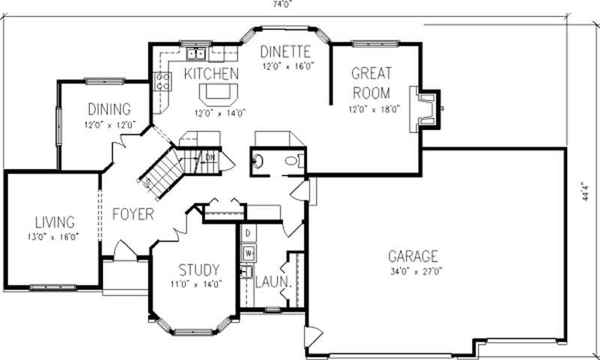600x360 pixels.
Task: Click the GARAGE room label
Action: (x=412, y=256)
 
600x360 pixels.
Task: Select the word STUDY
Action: (x=199, y=269)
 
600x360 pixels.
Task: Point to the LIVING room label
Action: (x=55, y=223)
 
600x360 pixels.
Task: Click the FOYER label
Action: (x=133, y=214)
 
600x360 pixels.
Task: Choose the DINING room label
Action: (x=109, y=109)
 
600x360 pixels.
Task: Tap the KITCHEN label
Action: (x=211, y=73)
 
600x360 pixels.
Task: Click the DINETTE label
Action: (x=286, y=52)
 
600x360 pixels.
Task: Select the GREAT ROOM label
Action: (x=370, y=83)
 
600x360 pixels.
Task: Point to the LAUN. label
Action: (x=271, y=283)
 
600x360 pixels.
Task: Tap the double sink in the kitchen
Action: (x=197, y=53)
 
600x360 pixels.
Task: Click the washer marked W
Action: (x=248, y=251)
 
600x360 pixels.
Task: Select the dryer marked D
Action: (x=247, y=232)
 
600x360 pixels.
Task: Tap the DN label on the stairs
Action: (x=210, y=156)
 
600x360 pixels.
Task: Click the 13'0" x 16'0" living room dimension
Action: (x=55, y=237)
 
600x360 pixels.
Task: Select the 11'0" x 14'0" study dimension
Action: (x=199, y=284)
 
